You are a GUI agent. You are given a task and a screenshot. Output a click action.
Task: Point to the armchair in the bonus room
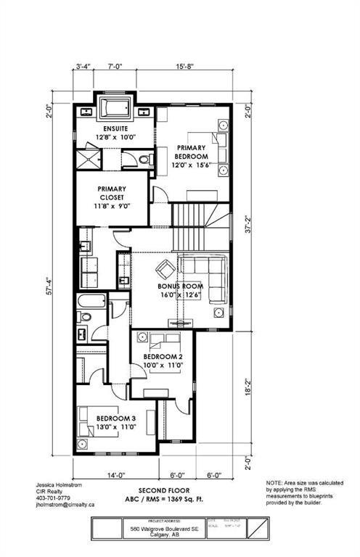click(165, 267)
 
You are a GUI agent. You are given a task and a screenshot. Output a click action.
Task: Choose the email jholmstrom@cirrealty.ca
click(66, 505)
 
